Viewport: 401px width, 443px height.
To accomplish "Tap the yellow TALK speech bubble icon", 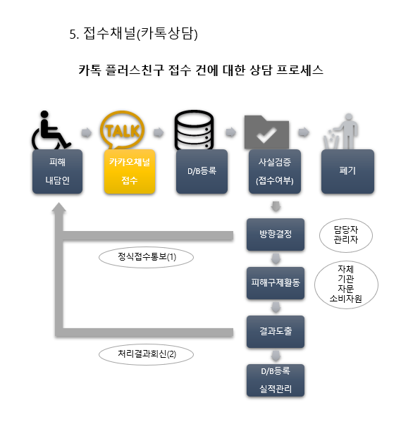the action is coord(122,130).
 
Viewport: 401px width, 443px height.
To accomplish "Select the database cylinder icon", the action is coord(194,130).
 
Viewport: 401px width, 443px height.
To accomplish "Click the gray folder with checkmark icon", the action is coord(266,132).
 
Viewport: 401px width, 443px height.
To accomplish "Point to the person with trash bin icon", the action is coord(341,132).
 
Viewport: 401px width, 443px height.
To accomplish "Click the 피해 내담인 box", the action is coord(57,171).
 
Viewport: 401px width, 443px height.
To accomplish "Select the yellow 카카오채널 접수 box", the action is coord(130,171).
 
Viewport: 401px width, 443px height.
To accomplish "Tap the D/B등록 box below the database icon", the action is coord(202,171).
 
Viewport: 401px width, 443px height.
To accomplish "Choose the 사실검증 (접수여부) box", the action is coord(275,171).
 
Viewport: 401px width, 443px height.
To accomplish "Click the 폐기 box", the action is coord(347,171).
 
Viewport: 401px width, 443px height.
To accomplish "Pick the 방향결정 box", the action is coord(276,235).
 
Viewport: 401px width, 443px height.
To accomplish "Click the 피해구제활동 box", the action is coord(276,283).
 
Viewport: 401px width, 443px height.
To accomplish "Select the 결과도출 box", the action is coord(276,332).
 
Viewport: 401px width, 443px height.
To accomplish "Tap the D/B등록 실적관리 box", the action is coord(276,380).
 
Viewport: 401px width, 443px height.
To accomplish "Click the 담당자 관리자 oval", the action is coord(346,235).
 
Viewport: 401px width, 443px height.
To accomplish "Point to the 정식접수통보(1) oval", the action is coord(146,257).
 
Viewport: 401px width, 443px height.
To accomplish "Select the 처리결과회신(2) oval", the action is coord(146,354).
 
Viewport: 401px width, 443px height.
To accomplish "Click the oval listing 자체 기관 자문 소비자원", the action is coord(346,285).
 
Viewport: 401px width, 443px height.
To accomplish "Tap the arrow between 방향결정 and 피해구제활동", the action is coord(276,258).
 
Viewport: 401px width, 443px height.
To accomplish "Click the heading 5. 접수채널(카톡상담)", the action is coord(133,34).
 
